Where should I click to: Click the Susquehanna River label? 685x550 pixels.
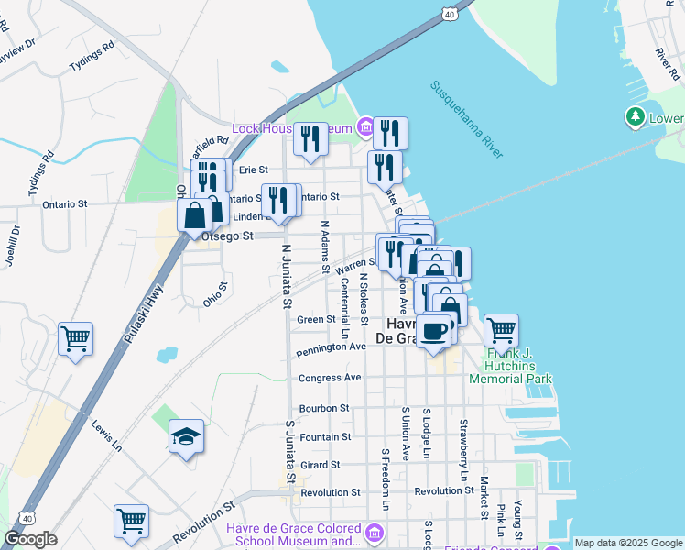coord(468,119)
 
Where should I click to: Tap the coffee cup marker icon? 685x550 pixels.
coord(434,331)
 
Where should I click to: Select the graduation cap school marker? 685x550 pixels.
coord(186,437)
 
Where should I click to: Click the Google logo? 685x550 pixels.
coord(29,539)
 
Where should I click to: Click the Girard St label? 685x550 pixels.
coord(320,465)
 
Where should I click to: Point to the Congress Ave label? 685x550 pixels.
coord(330,378)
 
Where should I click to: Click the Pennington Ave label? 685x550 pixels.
coord(332,348)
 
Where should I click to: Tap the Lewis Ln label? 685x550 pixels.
coord(106,435)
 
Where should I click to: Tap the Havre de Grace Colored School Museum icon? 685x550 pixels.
coord(375,533)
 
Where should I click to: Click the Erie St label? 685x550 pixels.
coord(253,170)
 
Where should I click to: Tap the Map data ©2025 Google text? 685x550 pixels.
coord(627,543)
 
